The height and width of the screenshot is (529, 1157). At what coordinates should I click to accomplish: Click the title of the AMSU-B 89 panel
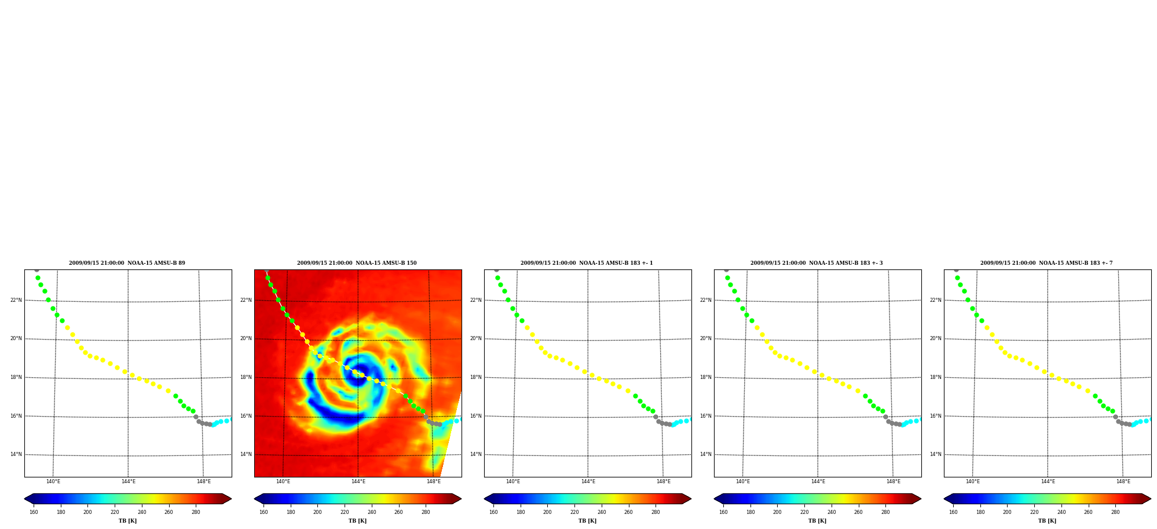coord(127,263)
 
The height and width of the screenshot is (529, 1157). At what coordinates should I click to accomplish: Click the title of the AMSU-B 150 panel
coord(357,263)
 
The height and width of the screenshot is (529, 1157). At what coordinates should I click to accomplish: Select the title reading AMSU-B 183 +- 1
coord(587,263)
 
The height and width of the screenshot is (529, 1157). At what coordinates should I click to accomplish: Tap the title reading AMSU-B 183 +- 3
coord(817,263)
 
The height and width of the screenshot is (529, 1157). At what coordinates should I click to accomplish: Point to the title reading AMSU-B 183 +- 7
coord(1046,263)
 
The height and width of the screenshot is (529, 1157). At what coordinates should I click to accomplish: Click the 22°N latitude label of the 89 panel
coord(16,300)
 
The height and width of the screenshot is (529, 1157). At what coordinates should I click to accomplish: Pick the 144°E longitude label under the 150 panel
coord(358,481)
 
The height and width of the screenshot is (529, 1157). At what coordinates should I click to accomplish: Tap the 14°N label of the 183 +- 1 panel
coord(476,454)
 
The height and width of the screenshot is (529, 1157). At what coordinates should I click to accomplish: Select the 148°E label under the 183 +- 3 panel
coord(894,481)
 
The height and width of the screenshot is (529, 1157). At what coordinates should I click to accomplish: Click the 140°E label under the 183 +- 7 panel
coord(973,481)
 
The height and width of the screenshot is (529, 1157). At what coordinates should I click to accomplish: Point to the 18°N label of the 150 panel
coord(246,377)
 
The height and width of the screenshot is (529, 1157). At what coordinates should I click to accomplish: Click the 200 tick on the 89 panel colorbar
coord(87,512)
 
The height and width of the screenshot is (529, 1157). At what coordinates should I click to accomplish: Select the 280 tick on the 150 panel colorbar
coord(426,512)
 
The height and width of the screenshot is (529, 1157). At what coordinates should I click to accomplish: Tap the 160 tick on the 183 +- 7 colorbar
coord(953,512)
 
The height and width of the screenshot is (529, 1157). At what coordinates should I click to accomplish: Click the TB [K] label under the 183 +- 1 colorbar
coord(587,521)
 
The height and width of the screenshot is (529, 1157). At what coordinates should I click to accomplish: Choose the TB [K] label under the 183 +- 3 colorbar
coord(817,521)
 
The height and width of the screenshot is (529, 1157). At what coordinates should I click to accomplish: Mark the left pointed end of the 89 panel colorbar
coord(24,499)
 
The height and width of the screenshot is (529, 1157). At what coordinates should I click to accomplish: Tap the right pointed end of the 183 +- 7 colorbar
coord(1151,499)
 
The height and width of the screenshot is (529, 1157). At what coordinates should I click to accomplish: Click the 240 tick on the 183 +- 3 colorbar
coord(832,512)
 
